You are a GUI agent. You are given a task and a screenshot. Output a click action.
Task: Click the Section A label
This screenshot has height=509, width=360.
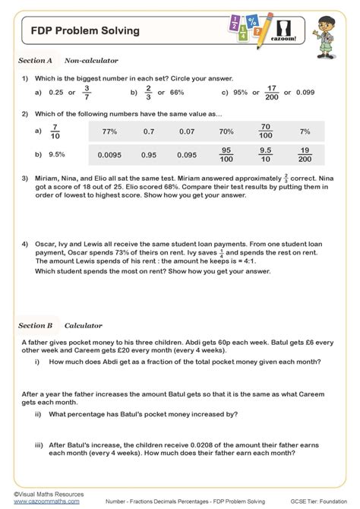pos(35,60)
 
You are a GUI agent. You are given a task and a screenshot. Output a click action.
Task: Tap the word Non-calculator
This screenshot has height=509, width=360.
pos(91,60)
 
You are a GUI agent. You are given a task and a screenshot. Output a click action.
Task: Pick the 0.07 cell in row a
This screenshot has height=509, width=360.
pos(185,131)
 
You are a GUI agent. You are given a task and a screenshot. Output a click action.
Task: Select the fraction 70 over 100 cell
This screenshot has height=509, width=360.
pos(265,131)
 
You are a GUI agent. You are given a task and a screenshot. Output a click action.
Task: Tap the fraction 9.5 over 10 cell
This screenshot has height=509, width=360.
pos(265,155)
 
